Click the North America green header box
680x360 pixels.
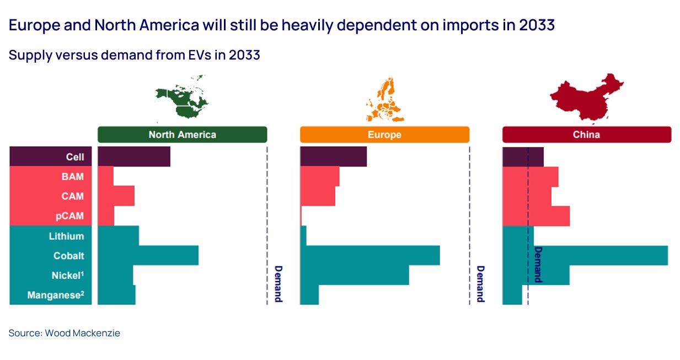(x=182, y=135)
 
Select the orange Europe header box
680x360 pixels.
(x=384, y=135)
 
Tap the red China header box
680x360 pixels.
(x=586, y=135)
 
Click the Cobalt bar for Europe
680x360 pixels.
(x=370, y=255)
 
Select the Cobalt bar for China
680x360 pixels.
(x=601, y=255)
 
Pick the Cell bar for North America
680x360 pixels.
(x=133, y=157)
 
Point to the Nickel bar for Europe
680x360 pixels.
(x=354, y=275)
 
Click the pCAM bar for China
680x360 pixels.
(x=536, y=216)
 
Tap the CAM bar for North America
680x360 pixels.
(x=116, y=196)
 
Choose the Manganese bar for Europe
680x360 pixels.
(x=309, y=295)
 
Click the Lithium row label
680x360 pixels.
(x=66, y=236)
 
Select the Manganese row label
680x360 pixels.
(x=56, y=295)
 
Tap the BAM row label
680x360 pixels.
(x=73, y=176)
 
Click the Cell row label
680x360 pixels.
(x=75, y=157)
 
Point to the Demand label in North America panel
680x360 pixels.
(x=278, y=284)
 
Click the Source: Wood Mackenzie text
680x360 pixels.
(x=64, y=333)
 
